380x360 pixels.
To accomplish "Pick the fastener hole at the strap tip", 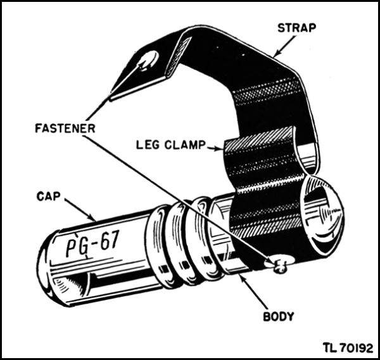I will (149, 61).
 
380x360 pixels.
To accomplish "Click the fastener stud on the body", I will (279, 266).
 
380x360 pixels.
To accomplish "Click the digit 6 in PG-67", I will (103, 240).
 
